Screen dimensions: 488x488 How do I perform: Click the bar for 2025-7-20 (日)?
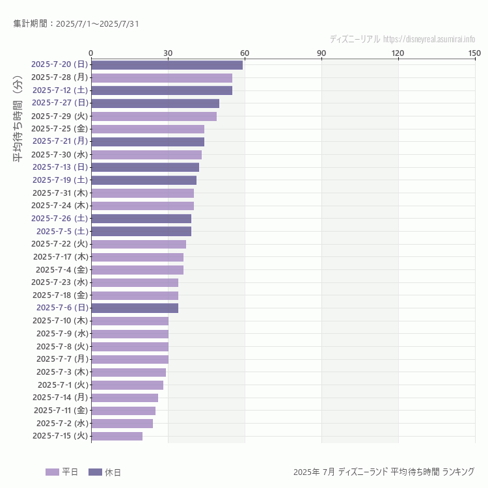pyautogui.click(x=167, y=64)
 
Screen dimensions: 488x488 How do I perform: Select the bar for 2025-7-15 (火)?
pyautogui.click(x=117, y=436)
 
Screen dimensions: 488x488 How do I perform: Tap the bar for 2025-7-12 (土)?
pyautogui.click(x=161, y=90)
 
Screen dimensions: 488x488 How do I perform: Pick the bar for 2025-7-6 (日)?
pyautogui.click(x=135, y=308)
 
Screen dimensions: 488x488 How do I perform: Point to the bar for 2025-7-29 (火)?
pyautogui.click(x=154, y=116)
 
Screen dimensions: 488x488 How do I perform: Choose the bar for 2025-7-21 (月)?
pyautogui.click(x=148, y=141)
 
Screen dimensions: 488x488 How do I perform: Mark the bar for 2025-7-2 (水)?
pyautogui.click(x=122, y=423)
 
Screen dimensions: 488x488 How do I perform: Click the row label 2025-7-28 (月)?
pyautogui.click(x=59, y=77)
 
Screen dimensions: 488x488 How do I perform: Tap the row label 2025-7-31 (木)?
pyautogui.click(x=60, y=193)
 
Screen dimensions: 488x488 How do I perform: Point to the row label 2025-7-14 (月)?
pyautogui.click(x=60, y=397)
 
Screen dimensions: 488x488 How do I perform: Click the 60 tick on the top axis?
pyautogui.click(x=245, y=53)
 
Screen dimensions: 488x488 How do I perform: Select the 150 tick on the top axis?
pyautogui.click(x=474, y=53)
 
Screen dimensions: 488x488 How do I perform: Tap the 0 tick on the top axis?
pyautogui.click(x=91, y=53)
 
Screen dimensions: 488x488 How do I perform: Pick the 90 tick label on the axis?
pyautogui.click(x=321, y=53)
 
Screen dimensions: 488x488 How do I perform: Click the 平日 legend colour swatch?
pyautogui.click(x=52, y=472)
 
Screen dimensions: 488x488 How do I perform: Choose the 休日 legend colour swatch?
pyautogui.click(x=95, y=472)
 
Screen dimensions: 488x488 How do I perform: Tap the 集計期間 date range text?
pyautogui.click(x=75, y=24)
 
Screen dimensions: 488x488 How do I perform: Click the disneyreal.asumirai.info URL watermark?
pyautogui.click(x=429, y=39)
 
